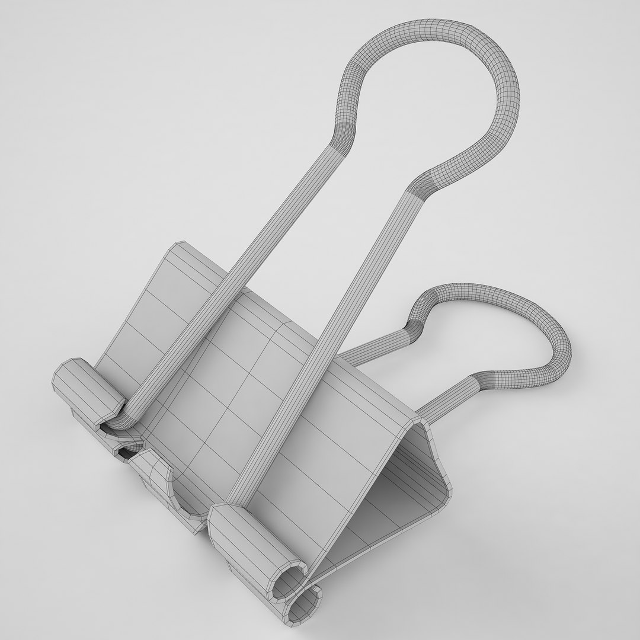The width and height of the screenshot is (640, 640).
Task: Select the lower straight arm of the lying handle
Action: (x=450, y=397)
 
